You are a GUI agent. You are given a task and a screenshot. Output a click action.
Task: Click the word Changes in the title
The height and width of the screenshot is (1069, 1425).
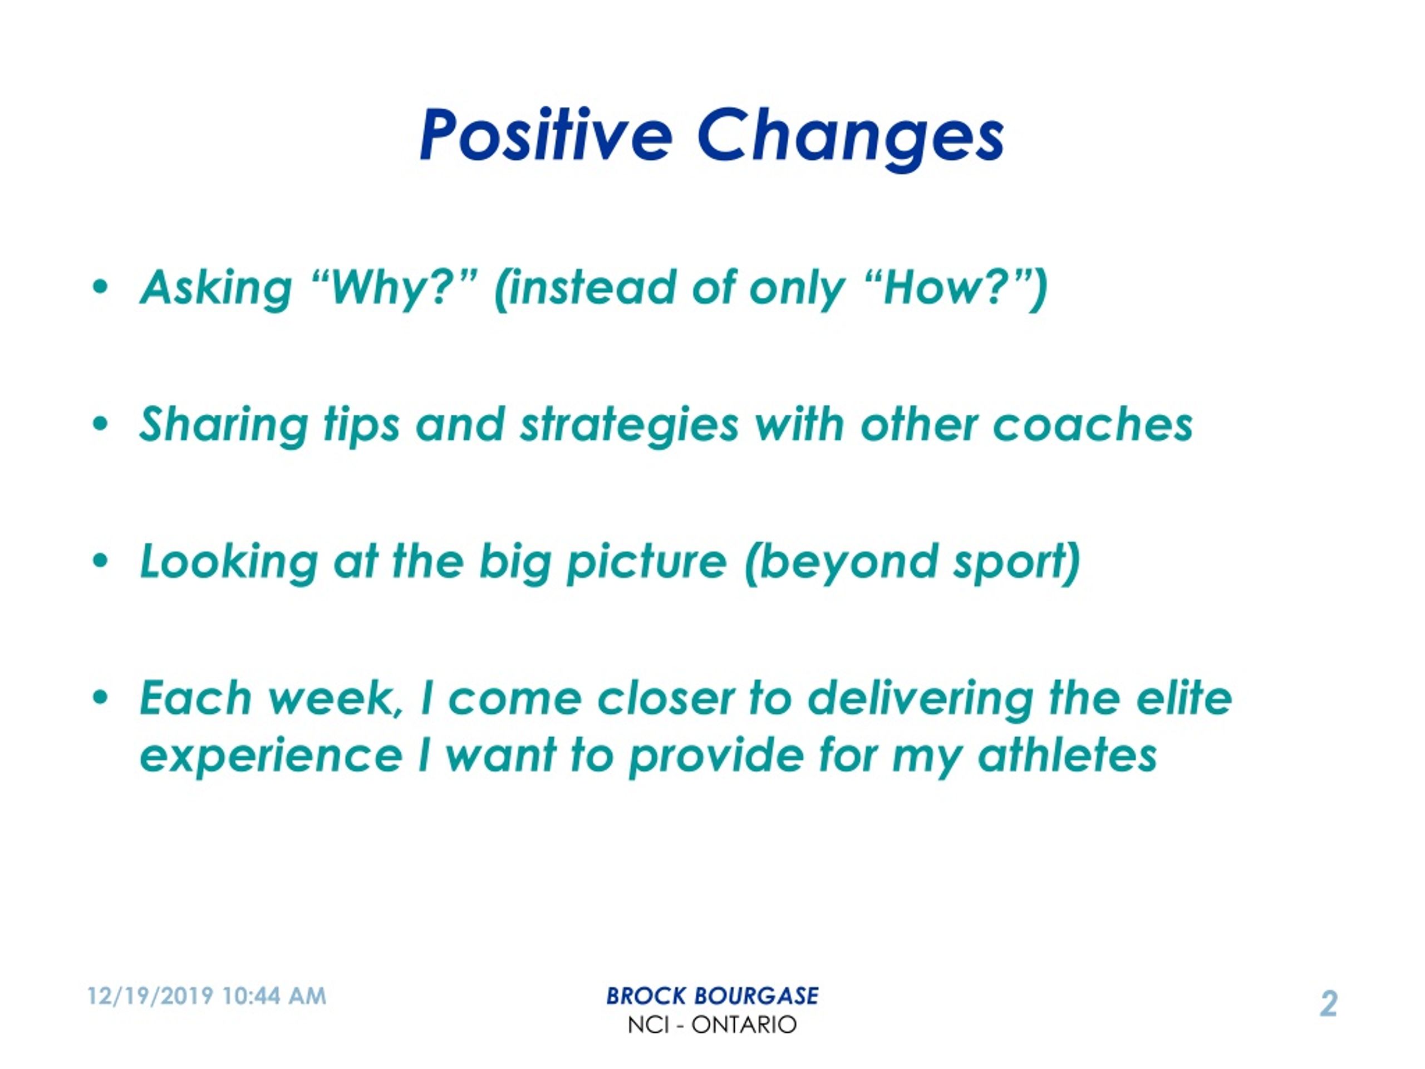851,139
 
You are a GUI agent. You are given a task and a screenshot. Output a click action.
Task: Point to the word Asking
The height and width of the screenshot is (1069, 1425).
217,290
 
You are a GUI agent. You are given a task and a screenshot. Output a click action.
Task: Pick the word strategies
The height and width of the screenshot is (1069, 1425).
630,426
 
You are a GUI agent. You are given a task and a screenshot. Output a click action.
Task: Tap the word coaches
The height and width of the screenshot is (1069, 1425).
1093,425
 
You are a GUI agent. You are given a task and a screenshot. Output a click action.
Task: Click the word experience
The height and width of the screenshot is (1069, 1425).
271,757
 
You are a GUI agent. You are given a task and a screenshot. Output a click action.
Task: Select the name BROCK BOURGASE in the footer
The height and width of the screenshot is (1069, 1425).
712,996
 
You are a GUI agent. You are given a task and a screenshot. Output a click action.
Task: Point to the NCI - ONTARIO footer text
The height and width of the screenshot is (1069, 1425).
712,1024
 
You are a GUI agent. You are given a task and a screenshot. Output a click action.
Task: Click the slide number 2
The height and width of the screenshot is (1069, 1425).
1328,1003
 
